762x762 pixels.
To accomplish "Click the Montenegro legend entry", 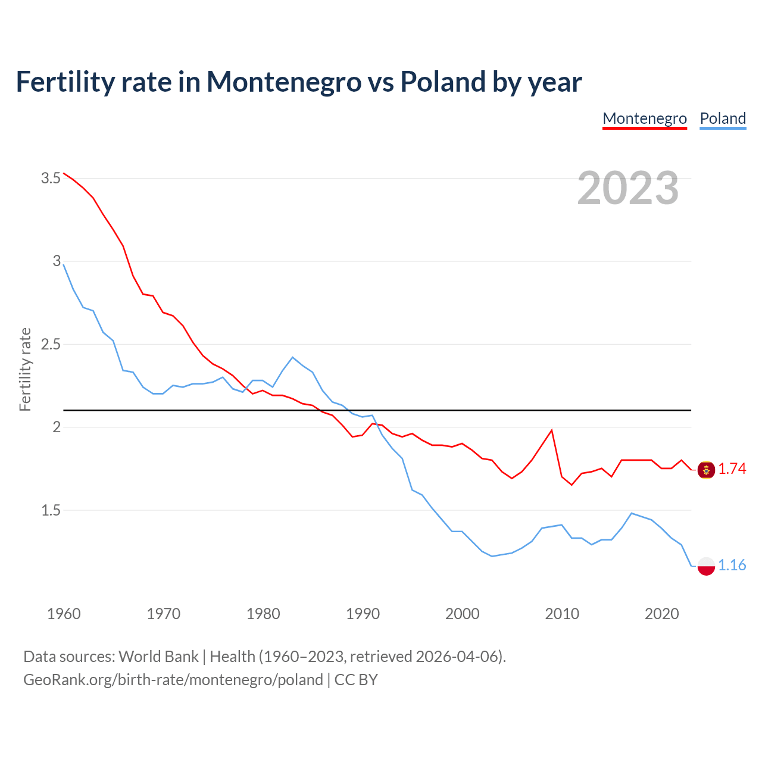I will coord(645,118).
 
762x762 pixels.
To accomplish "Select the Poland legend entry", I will coord(723,118).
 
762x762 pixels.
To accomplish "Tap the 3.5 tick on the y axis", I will coord(51,178).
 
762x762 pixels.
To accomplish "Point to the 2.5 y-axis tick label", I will coord(51,344).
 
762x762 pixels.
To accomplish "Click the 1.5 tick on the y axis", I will coord(51,510).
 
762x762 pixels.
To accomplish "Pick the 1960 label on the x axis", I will coord(64,614).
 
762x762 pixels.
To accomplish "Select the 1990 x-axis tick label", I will coord(363,614).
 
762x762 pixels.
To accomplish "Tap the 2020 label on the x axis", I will coord(661,614).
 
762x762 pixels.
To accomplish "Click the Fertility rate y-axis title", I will coord(25,369).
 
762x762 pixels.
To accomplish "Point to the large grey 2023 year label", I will coord(628,188).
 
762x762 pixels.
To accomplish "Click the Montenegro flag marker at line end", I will coord(706,470).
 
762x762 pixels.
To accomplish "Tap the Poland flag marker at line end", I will coord(706,566).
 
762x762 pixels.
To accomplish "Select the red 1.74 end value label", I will coord(732,469).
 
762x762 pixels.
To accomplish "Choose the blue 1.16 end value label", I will coord(732,565).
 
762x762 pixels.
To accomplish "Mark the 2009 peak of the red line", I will coord(552,430).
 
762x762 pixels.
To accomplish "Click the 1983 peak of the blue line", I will coord(292,357).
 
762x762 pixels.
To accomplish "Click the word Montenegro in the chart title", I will coord(284,82).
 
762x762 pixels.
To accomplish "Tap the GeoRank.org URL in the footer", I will coord(173,679).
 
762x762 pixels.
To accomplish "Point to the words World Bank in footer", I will coord(158,656).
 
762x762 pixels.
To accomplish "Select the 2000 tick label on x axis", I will coord(462,614).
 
